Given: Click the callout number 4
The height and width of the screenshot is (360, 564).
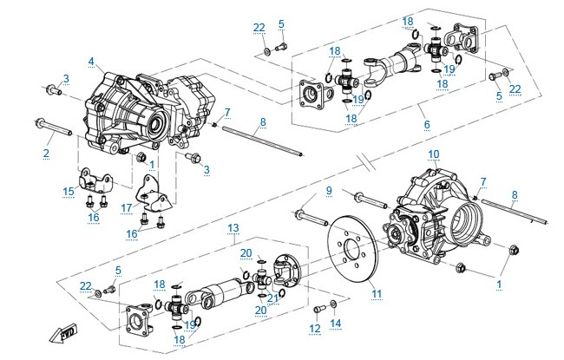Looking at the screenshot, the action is [91, 62].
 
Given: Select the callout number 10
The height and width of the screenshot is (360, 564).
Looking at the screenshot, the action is [434, 154].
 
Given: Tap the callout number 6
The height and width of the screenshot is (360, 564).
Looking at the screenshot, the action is [427, 125].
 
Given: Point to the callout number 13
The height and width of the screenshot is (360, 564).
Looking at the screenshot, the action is [233, 228].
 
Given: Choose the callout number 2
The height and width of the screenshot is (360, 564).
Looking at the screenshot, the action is [46, 153].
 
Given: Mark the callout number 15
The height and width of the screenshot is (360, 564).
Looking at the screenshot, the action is [69, 192].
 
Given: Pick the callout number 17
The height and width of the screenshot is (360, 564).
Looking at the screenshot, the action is [127, 208].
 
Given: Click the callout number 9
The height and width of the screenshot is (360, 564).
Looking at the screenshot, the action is [329, 191].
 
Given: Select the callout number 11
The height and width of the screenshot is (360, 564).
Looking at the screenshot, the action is [377, 294].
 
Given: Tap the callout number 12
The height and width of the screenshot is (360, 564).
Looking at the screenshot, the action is [315, 329].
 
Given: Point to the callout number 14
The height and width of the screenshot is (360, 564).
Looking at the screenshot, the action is [335, 324].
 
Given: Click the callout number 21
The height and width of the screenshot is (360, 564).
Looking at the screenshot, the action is [272, 298].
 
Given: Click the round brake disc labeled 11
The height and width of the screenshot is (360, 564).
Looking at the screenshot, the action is [353, 249].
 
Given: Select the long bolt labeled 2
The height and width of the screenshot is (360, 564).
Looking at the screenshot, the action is [54, 127].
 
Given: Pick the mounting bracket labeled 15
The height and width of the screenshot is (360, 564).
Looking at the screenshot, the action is [95, 181].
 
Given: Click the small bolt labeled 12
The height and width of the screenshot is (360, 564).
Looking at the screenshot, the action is [319, 309].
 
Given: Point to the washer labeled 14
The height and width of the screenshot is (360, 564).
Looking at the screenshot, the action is [333, 304].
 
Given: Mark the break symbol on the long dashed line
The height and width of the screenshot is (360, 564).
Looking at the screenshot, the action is [367, 160].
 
